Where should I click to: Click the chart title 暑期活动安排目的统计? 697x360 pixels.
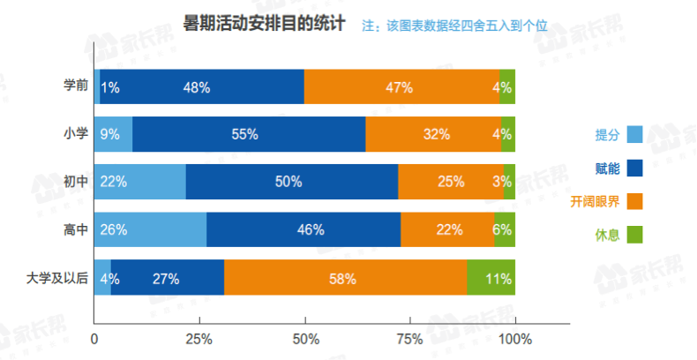(x=264, y=23)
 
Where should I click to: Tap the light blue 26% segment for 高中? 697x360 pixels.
(x=150, y=229)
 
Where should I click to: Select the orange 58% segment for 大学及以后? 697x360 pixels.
(x=345, y=278)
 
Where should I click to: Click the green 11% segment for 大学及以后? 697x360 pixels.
(x=491, y=278)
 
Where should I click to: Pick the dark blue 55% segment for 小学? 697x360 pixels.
(x=249, y=134)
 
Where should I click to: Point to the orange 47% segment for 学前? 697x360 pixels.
(x=402, y=86)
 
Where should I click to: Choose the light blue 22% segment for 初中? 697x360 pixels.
(x=139, y=182)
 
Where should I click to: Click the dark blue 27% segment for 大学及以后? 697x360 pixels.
(x=168, y=278)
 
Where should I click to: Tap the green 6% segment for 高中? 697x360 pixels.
(x=505, y=229)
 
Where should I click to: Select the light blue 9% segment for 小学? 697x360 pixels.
(x=113, y=134)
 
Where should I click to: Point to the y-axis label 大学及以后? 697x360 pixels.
(x=58, y=278)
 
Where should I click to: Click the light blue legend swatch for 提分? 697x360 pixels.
(x=633, y=135)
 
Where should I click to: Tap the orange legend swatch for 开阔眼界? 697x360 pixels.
(x=633, y=201)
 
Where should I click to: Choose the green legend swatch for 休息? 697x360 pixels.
(x=633, y=235)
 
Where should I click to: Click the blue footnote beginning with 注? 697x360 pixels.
(x=455, y=26)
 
